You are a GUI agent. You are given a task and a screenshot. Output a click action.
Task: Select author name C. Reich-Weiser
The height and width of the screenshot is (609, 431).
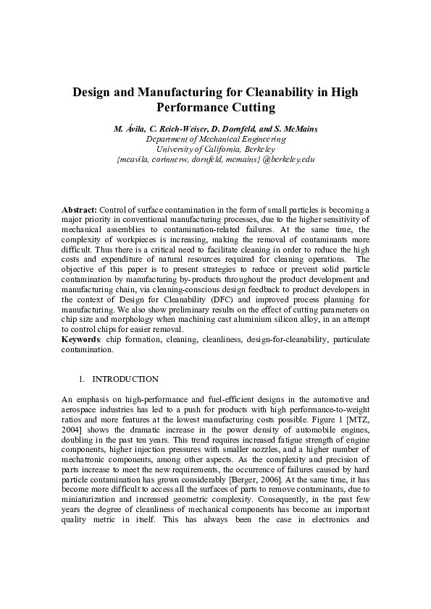pyautogui.click(x=170, y=129)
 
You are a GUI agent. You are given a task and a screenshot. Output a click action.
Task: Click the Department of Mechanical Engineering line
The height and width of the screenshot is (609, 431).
pyautogui.click(x=216, y=139)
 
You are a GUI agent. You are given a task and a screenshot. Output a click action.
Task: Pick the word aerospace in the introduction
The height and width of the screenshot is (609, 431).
pyautogui.click(x=78, y=409)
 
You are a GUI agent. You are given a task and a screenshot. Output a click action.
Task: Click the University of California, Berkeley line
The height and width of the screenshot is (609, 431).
pyautogui.click(x=216, y=149)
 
